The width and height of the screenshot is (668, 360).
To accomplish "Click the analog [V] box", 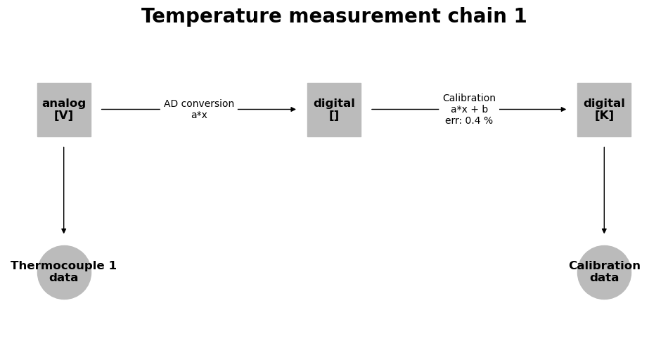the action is tap(64, 110).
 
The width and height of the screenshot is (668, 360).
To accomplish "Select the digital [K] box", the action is tap(604, 110).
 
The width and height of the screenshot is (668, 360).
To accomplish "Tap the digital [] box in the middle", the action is tap(334, 110).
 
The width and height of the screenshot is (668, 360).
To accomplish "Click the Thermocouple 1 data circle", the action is tap(64, 272).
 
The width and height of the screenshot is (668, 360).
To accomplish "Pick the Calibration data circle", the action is tap(604, 272).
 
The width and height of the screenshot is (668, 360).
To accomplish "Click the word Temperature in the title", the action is tap(212, 16).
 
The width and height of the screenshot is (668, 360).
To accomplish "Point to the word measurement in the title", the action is tap(364, 16).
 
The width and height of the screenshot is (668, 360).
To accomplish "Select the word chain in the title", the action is tap(477, 16).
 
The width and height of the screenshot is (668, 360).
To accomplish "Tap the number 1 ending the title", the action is tap(520, 16).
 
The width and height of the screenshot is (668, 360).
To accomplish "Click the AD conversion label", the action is tap(199, 103).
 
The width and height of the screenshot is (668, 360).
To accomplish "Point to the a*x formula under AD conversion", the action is tap(199, 115).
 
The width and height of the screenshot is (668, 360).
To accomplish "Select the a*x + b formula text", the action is tap(469, 109).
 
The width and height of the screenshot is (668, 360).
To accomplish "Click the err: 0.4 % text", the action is tap(469, 120).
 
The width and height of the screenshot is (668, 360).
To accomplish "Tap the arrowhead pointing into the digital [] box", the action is tap(293, 110).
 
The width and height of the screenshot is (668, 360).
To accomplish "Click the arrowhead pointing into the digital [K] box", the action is tap(563, 110).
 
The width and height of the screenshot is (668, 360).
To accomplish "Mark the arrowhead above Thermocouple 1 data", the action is tap(64, 231).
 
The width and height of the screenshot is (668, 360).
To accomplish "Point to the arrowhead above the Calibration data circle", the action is tap(604, 231).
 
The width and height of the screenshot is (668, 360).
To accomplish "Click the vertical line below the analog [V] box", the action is tap(64, 190).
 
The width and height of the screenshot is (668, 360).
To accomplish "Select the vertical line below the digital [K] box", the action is tap(604, 190).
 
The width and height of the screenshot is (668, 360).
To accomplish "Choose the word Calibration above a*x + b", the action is tap(469, 98).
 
